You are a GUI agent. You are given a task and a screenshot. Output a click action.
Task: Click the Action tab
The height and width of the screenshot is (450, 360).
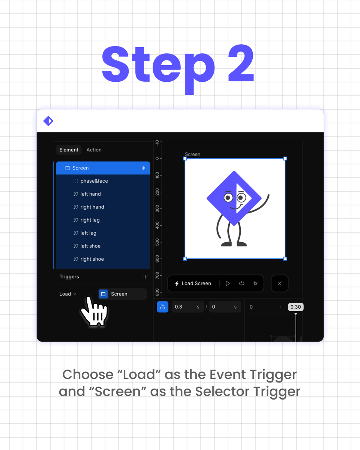(94, 150)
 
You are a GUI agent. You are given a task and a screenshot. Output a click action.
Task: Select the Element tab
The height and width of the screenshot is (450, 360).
(69, 150)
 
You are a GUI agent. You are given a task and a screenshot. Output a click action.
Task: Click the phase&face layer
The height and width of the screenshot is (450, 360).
(94, 181)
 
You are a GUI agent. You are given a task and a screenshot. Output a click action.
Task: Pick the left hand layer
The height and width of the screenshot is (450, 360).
(91, 194)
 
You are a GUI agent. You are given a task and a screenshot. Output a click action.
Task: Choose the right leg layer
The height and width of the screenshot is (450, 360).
(90, 220)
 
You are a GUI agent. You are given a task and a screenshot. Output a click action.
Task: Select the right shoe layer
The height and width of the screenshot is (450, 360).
(92, 259)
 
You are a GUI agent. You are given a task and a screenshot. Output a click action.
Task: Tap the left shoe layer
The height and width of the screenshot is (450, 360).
(90, 246)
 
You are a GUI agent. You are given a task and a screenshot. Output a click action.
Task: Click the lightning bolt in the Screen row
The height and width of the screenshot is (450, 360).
(144, 168)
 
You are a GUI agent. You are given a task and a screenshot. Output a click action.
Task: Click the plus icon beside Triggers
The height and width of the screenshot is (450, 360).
(145, 277)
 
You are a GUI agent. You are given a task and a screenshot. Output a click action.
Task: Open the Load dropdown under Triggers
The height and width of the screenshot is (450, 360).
(67, 294)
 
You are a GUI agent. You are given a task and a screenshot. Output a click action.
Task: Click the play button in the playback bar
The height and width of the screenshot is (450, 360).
(228, 283)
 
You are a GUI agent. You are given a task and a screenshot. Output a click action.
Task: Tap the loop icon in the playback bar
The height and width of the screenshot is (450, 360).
(241, 283)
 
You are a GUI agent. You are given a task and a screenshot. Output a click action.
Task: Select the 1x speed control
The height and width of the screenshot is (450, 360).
(255, 283)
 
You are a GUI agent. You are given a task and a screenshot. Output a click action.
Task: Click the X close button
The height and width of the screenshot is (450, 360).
(280, 283)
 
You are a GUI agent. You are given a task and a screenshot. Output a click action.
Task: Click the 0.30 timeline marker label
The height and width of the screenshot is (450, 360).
(295, 307)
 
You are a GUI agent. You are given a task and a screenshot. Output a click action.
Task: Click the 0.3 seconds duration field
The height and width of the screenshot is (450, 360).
(187, 307)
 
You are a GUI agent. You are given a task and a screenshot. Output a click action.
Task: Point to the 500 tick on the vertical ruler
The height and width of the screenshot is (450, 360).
(157, 242)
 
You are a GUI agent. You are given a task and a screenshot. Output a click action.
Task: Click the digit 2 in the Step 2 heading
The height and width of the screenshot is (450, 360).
(241, 63)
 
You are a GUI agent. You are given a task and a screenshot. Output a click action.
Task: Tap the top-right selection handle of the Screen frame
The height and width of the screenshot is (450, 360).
(285, 159)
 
